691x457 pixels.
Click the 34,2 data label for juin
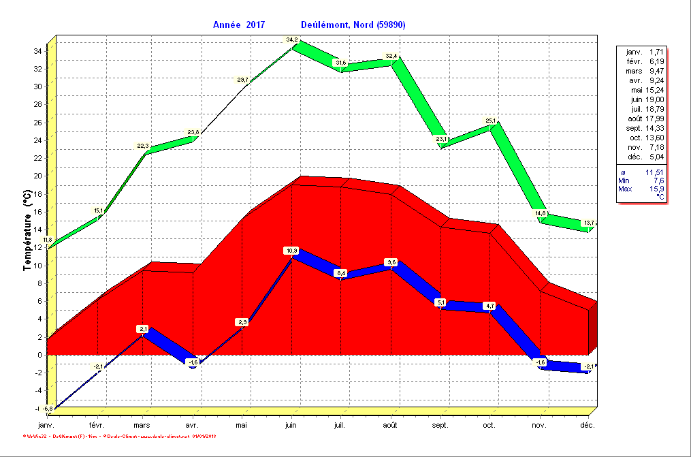click(x=292, y=40)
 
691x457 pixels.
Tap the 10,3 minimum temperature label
click(x=291, y=251)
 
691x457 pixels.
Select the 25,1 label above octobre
click(x=490, y=121)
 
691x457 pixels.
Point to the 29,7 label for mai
click(x=243, y=80)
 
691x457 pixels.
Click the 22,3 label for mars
click(x=143, y=145)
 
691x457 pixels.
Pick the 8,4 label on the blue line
click(x=340, y=273)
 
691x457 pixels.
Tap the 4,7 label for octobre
click(x=489, y=306)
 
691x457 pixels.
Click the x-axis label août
click(x=390, y=426)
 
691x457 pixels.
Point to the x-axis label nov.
click(x=539, y=426)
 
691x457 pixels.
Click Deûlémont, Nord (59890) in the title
click(x=353, y=25)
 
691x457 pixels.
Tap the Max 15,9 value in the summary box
click(x=641, y=189)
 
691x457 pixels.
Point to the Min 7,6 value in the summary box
click(x=641, y=180)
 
